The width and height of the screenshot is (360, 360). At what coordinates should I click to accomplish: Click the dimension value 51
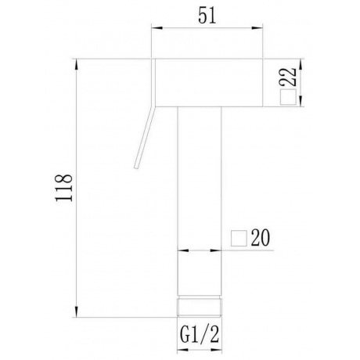pos(207,16)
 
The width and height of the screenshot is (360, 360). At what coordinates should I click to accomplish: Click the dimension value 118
pos(63,188)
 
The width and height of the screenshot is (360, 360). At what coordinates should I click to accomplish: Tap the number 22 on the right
pos(288,77)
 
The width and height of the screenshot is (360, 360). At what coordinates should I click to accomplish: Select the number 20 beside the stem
pos(260,238)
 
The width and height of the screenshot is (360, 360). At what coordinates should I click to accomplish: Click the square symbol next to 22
pos(288,97)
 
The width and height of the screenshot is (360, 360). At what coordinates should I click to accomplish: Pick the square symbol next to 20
pos(239,238)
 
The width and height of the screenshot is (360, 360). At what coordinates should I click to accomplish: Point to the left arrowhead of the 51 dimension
pos(157,28)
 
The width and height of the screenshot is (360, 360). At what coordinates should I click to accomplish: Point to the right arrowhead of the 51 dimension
pos(257,28)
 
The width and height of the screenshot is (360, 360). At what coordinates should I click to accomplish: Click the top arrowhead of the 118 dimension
pos(77,64)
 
